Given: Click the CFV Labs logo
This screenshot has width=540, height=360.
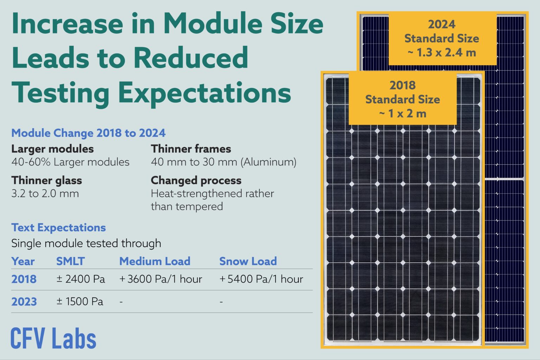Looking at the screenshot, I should click(53, 338).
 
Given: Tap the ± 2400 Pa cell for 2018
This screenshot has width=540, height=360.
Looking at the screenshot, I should click(81, 279).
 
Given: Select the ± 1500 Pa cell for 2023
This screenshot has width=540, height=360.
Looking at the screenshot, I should click(80, 302).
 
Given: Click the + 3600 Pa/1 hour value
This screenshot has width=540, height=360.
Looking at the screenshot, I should click(161, 279).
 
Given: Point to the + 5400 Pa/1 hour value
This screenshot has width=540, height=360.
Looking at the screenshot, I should click(261, 279).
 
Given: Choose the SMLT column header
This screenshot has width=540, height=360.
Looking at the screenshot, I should click(70, 261).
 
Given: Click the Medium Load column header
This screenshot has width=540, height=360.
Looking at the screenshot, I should click(155, 261).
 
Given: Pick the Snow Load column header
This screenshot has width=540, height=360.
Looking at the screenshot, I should click(248, 261).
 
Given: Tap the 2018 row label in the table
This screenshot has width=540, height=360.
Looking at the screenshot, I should click(24, 279).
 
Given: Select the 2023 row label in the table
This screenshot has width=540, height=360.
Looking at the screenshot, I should click(24, 302).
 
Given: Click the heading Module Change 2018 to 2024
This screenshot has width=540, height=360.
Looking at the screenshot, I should click(88, 133).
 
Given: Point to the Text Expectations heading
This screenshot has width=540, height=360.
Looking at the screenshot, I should click(58, 227).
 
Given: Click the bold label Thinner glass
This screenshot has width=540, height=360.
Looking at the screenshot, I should click(46, 180).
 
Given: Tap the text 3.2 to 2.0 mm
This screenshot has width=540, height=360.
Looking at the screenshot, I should click(45, 193).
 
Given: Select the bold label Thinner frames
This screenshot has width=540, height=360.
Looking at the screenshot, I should click(191, 149).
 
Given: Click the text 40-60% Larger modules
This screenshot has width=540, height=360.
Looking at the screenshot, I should click(70, 162).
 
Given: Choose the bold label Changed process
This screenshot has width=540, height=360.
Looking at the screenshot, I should click(196, 180).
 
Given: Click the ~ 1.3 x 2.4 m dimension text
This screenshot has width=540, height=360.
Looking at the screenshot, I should click(442, 53).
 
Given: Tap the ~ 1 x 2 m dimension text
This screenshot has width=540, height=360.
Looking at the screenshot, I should click(403, 114).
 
